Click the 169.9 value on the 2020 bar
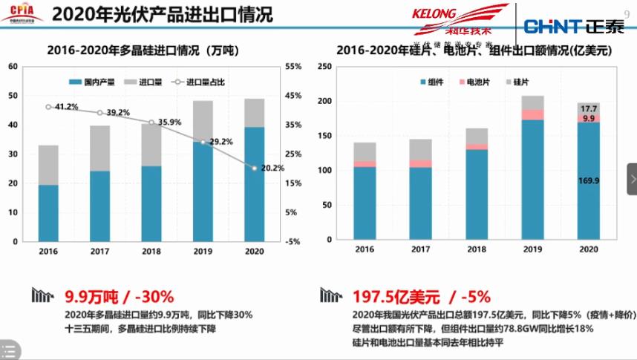[588, 180]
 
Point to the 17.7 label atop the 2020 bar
[589, 108]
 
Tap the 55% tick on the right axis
[293, 67]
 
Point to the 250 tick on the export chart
[324, 67]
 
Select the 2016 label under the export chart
[365, 249]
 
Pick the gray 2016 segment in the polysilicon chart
[48, 165]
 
